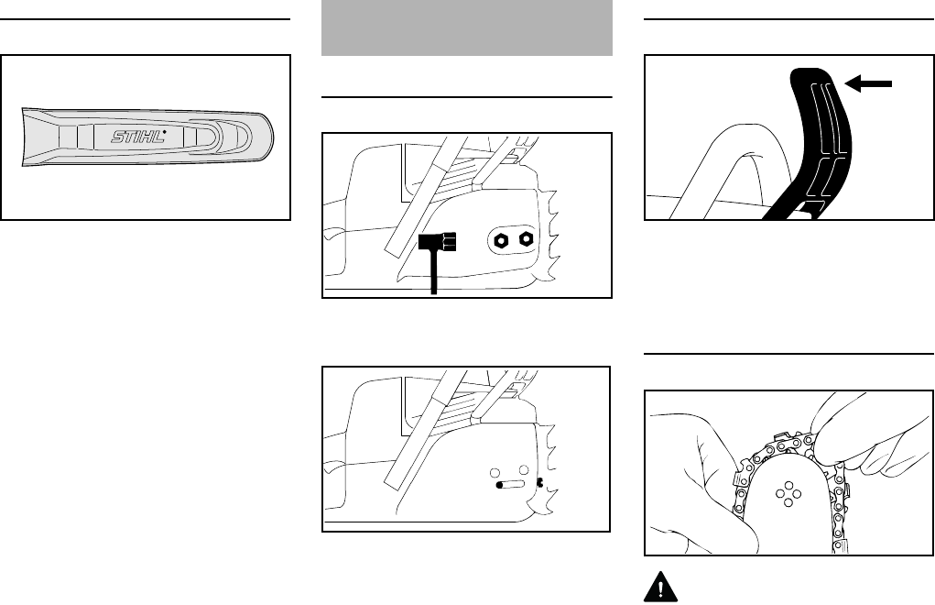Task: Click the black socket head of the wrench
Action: tap(438, 244)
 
